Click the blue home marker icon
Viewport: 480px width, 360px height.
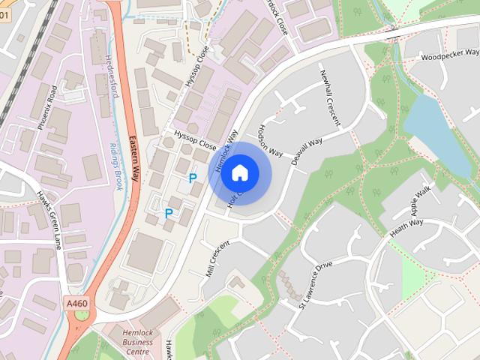point(239,173)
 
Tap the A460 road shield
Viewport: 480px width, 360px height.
point(76,303)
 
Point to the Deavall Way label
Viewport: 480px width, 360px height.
point(306,151)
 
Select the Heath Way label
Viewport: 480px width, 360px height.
point(406,227)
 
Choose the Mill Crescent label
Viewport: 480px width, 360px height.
point(217,259)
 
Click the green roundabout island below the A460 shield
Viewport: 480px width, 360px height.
point(80,315)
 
